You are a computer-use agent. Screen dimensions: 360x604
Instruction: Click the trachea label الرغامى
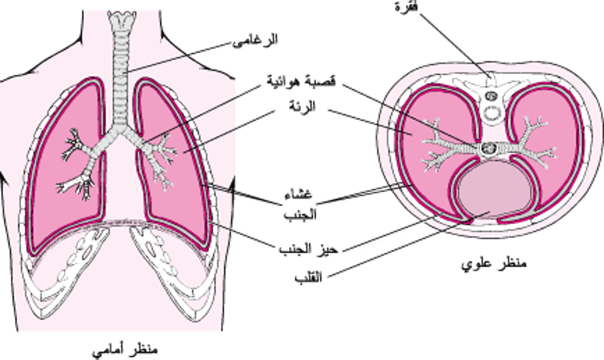pyautogui.click(x=256, y=40)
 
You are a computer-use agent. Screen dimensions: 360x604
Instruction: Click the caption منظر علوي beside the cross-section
pyautogui.click(x=494, y=263)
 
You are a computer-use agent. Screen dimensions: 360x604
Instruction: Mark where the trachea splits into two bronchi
pyautogui.click(x=119, y=130)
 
